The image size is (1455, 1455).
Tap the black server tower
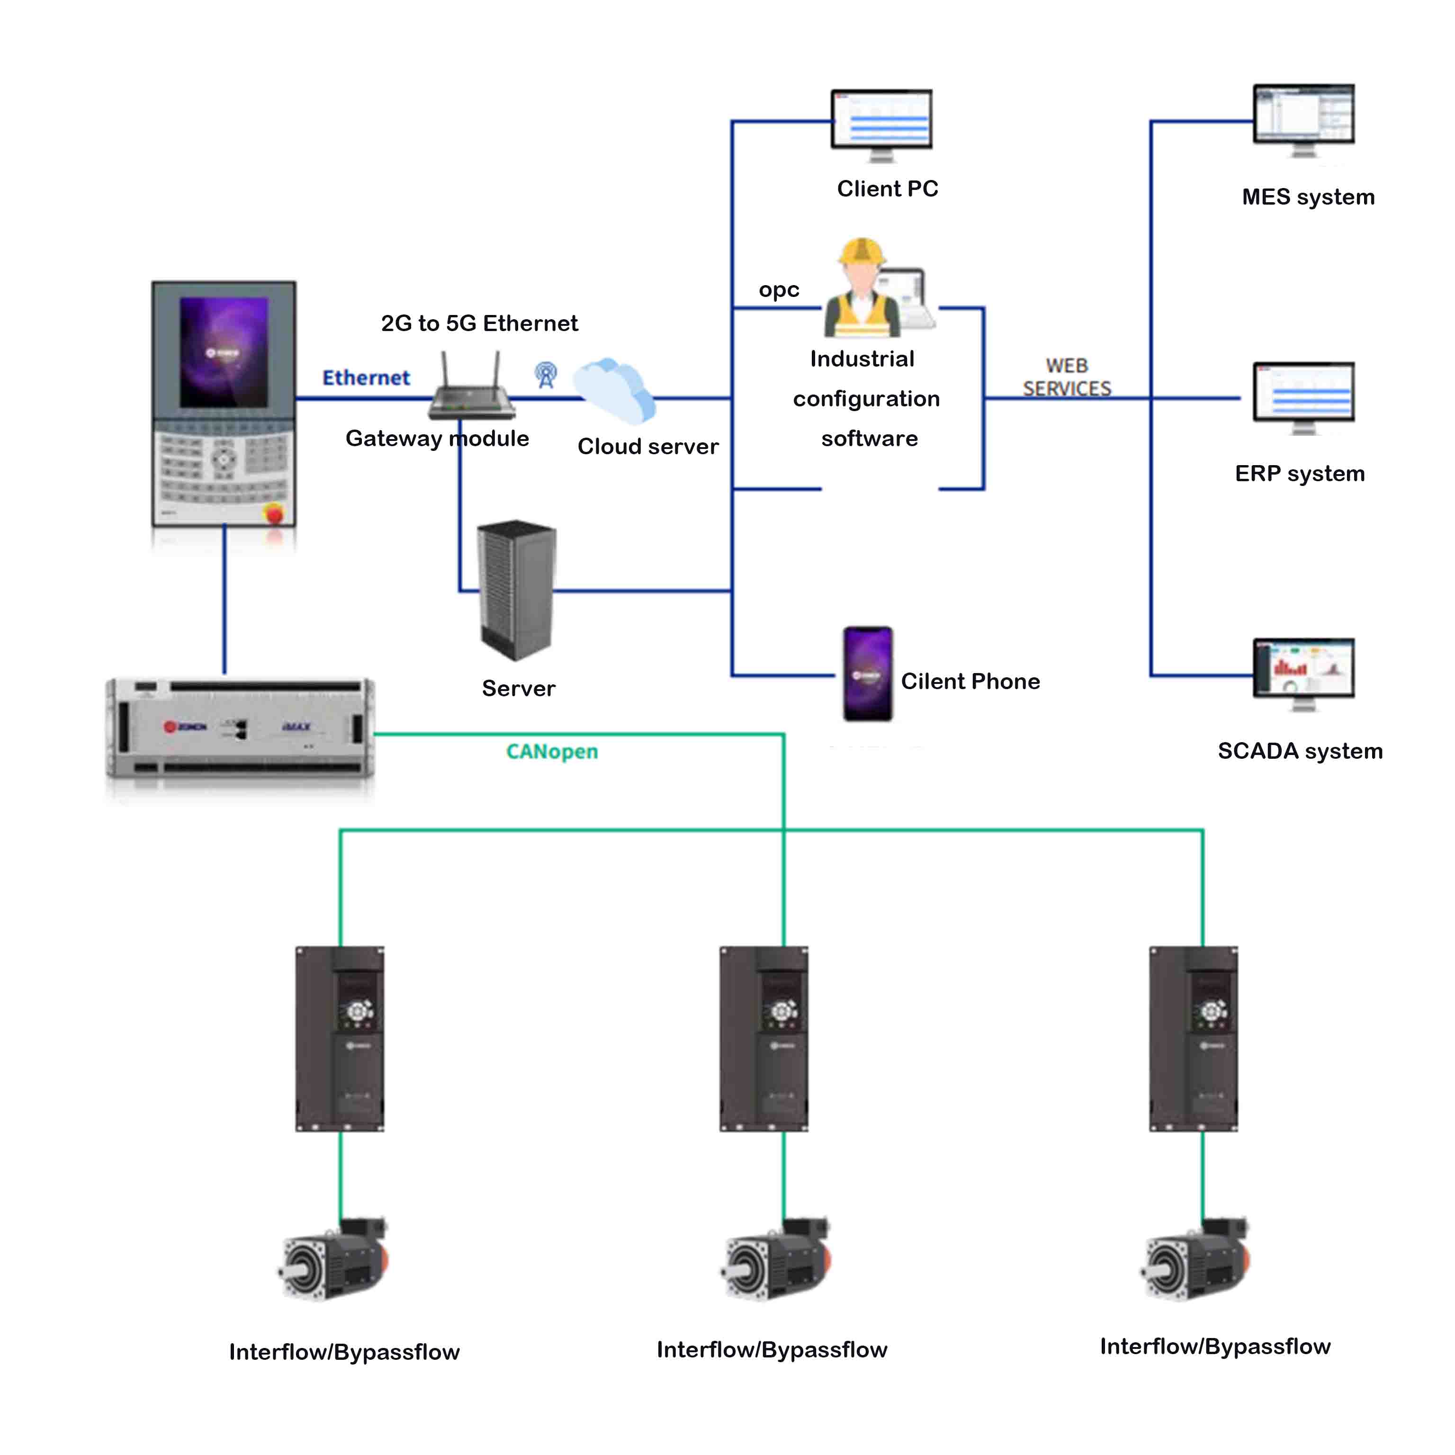(x=517, y=590)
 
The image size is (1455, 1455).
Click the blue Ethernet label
(x=366, y=377)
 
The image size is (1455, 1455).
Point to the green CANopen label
(x=552, y=752)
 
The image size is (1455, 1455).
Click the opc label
(x=779, y=290)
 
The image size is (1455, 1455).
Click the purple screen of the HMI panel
(x=224, y=352)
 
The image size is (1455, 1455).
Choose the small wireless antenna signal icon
(x=546, y=374)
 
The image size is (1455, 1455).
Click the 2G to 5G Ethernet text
(x=479, y=323)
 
